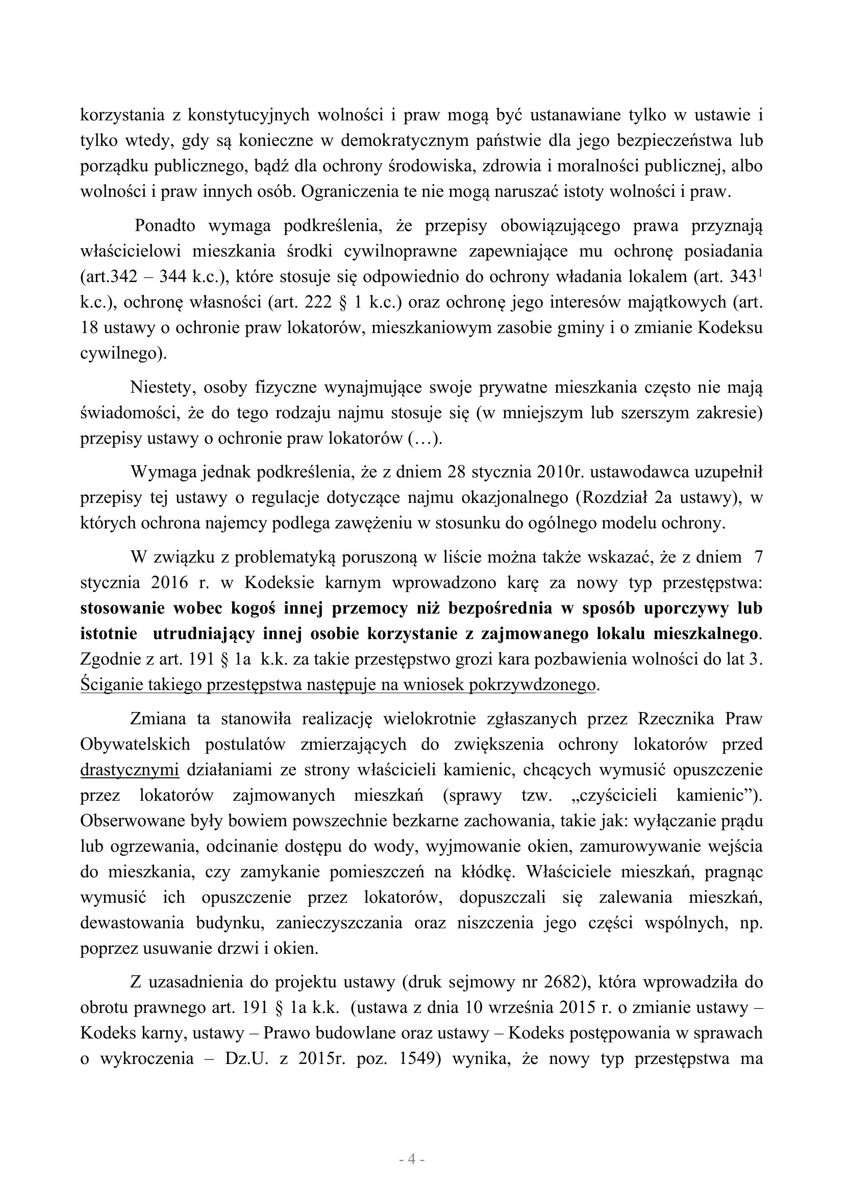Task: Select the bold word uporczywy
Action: point(686,608)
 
